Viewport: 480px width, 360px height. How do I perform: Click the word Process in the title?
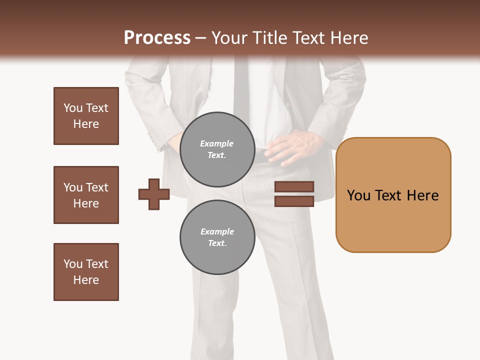click(x=157, y=38)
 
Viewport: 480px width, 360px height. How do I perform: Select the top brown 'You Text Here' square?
click(x=86, y=116)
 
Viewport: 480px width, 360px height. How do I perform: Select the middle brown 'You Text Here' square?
click(x=86, y=195)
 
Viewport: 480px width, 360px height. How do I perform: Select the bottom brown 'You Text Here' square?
click(x=86, y=272)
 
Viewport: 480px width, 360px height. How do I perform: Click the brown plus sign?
click(x=154, y=194)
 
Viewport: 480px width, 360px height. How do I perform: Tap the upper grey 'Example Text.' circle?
click(x=217, y=149)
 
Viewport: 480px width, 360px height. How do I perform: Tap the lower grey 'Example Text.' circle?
click(x=217, y=237)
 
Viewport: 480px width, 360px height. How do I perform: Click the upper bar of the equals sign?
click(x=294, y=187)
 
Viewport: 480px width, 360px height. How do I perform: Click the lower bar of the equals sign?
click(x=294, y=201)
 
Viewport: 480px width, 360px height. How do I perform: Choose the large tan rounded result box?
click(x=393, y=195)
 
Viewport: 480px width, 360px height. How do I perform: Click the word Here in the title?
click(x=348, y=38)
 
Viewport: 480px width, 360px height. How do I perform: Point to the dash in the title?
click(x=200, y=38)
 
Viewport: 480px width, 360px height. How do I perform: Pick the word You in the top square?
click(x=72, y=108)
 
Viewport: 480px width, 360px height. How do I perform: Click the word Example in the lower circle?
click(x=217, y=231)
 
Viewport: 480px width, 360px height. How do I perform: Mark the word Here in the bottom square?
click(x=86, y=280)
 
